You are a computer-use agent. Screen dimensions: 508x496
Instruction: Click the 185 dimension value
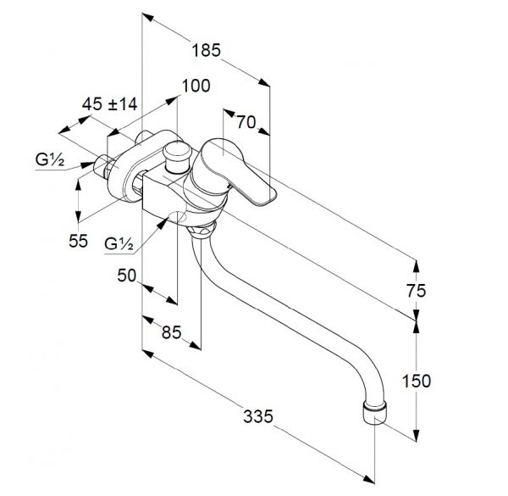pos(206,51)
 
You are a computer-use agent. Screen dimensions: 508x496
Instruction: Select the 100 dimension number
pos(196,86)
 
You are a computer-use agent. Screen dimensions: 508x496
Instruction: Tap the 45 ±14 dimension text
pos(109,104)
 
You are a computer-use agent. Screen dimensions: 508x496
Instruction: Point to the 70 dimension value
pos(246,122)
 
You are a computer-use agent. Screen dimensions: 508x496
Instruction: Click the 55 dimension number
pos(78,241)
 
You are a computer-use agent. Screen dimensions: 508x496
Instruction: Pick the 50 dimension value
pos(127,276)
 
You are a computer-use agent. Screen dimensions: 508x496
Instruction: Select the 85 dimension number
pos(171,332)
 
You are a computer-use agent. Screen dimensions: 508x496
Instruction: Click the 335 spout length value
pos(258,416)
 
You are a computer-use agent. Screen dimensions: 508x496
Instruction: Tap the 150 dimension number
pos(417,381)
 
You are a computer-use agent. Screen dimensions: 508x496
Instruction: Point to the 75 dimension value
pos(417,291)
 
